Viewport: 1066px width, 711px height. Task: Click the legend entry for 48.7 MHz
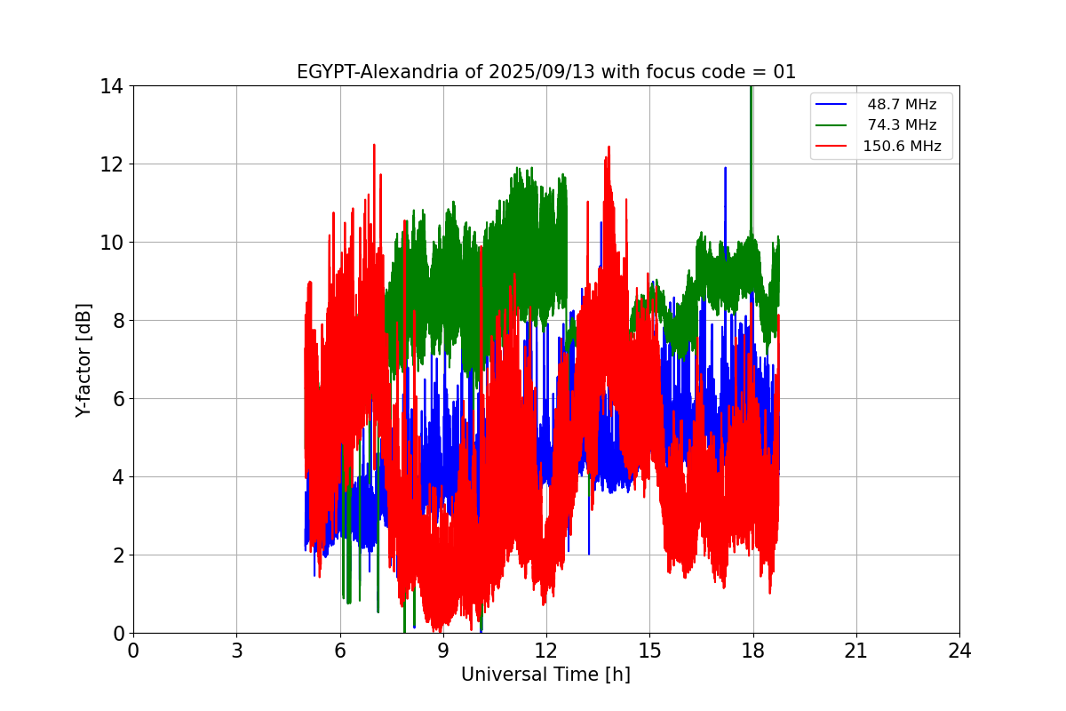(x=902, y=105)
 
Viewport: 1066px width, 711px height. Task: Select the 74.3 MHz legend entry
(x=902, y=125)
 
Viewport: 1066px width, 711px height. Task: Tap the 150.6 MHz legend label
(x=902, y=147)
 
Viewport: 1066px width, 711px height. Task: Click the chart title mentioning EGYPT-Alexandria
(x=545, y=72)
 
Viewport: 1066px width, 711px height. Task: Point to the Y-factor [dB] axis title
(x=84, y=359)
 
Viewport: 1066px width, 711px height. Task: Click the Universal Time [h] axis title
(x=545, y=675)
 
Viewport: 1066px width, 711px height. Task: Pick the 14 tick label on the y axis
(x=111, y=86)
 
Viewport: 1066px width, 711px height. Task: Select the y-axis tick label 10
(x=111, y=243)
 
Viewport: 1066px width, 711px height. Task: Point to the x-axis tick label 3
(x=236, y=651)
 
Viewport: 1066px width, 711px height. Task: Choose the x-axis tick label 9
(x=443, y=651)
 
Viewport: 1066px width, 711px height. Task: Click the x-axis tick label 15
(x=649, y=651)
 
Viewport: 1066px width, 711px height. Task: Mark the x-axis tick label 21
(x=856, y=651)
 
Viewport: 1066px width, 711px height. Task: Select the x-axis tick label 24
(x=959, y=651)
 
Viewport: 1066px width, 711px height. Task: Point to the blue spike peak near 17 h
(x=725, y=168)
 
